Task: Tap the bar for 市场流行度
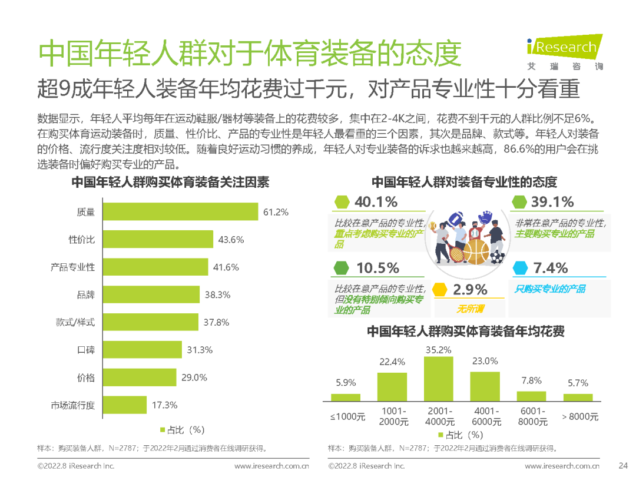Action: tap(125, 405)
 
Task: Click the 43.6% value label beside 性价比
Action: tap(231, 240)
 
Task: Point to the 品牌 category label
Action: tap(86, 294)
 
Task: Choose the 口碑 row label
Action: tap(86, 350)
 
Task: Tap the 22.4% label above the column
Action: tap(392, 362)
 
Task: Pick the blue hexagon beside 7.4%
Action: tap(521, 269)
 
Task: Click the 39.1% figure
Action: tap(552, 202)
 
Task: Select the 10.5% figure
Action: tap(377, 269)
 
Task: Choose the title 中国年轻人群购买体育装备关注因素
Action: tap(170, 183)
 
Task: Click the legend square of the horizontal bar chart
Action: tap(163, 430)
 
